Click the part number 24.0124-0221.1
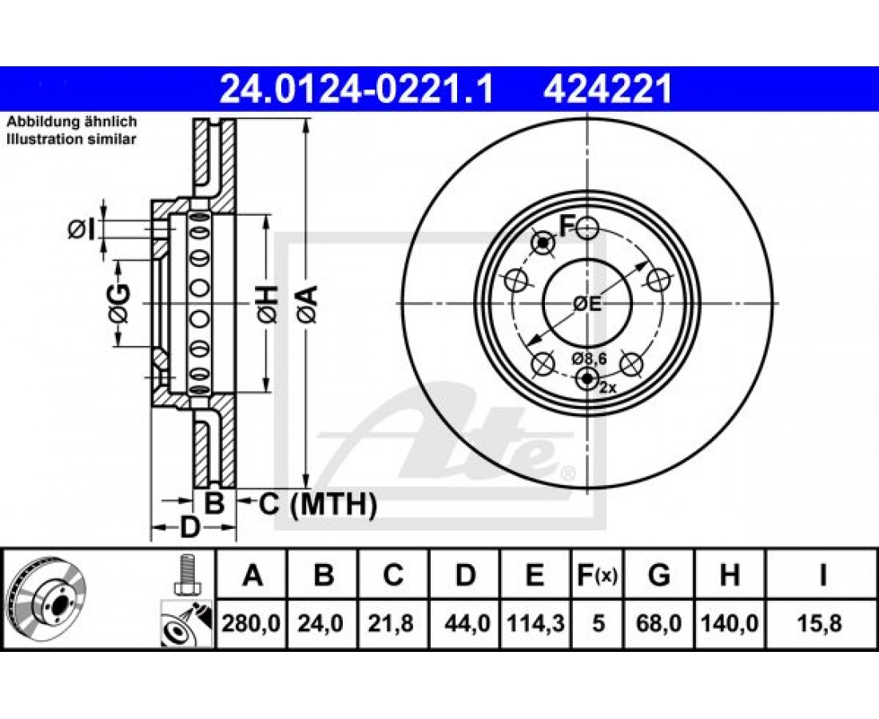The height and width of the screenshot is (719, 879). [x=357, y=89]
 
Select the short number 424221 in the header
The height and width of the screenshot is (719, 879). [x=607, y=89]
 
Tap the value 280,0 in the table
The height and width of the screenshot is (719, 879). [x=251, y=623]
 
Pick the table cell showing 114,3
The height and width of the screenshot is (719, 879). [x=535, y=623]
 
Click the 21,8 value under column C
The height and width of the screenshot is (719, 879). [x=392, y=623]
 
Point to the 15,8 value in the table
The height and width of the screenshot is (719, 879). [x=821, y=623]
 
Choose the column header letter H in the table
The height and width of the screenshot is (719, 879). [x=729, y=575]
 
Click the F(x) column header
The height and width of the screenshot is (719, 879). [x=597, y=575]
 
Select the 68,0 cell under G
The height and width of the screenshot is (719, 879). [x=659, y=623]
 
